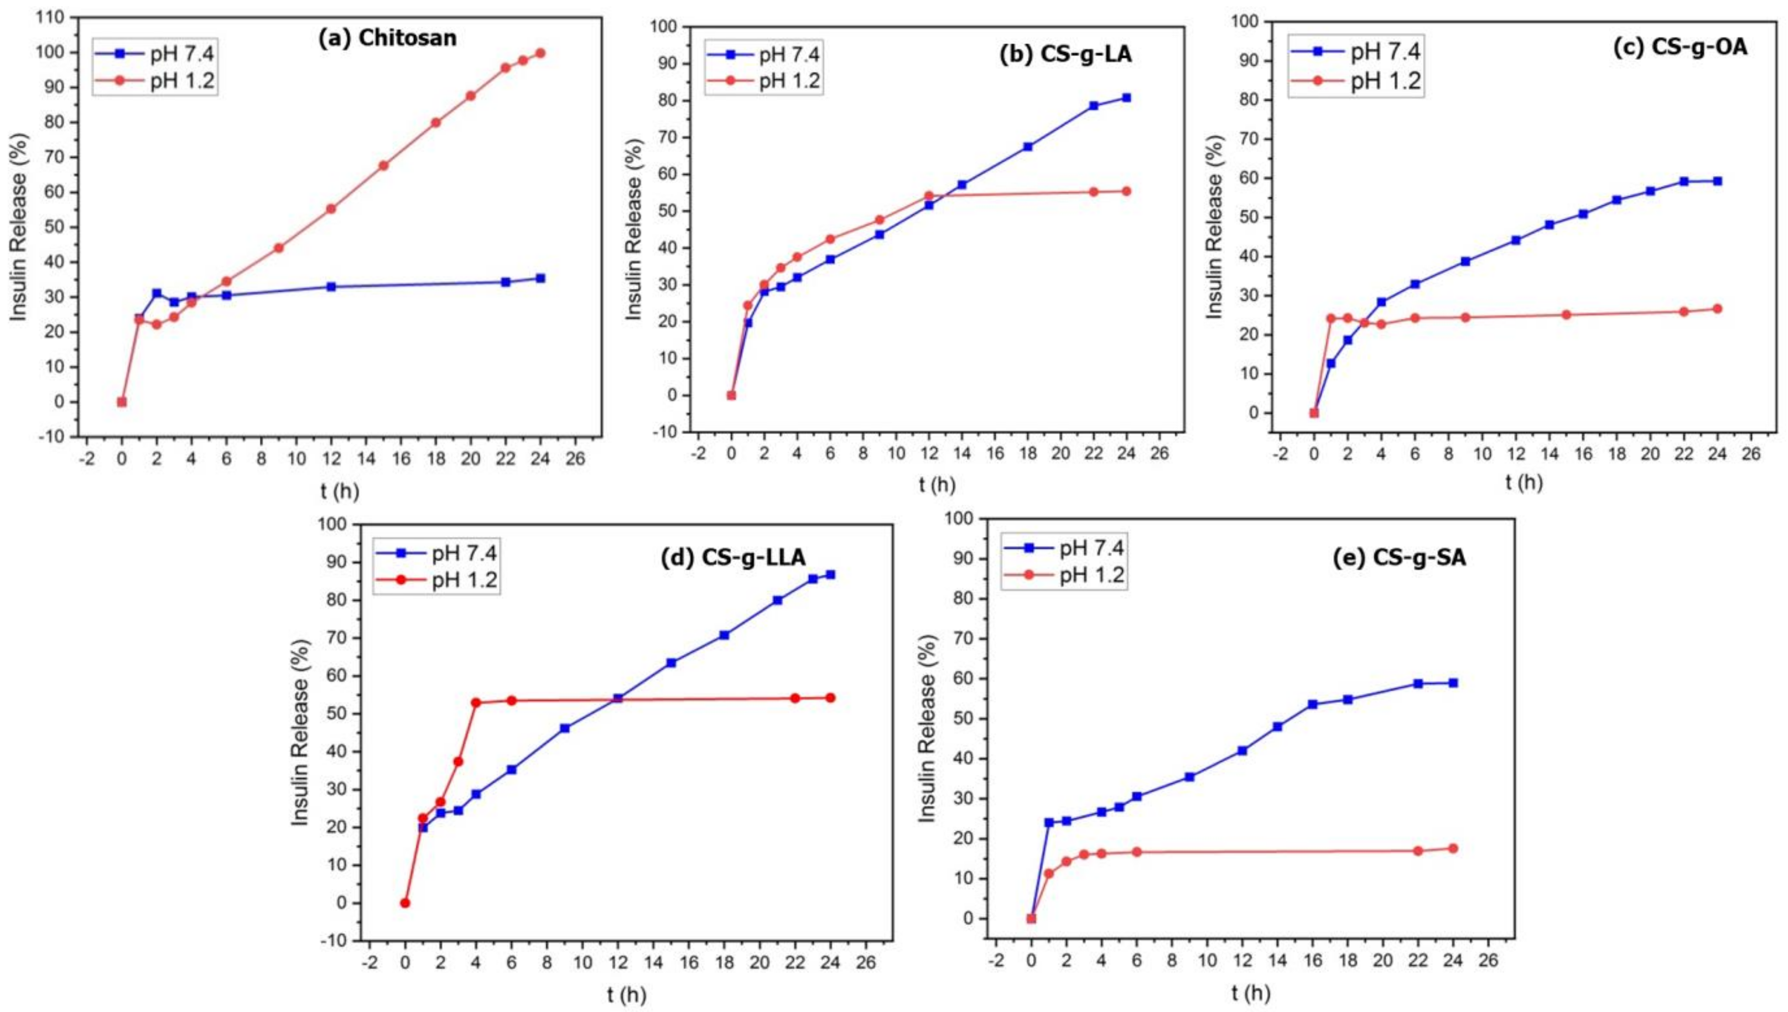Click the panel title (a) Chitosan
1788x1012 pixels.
pos(387,38)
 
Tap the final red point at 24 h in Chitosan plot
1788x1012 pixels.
pos(540,53)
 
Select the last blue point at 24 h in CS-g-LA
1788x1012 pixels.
pos(1126,98)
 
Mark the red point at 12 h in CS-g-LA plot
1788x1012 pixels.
pos(929,196)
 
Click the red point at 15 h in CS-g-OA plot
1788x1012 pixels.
pos(1566,315)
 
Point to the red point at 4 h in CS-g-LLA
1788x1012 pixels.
pos(476,703)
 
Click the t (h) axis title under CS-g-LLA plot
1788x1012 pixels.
pos(626,995)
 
